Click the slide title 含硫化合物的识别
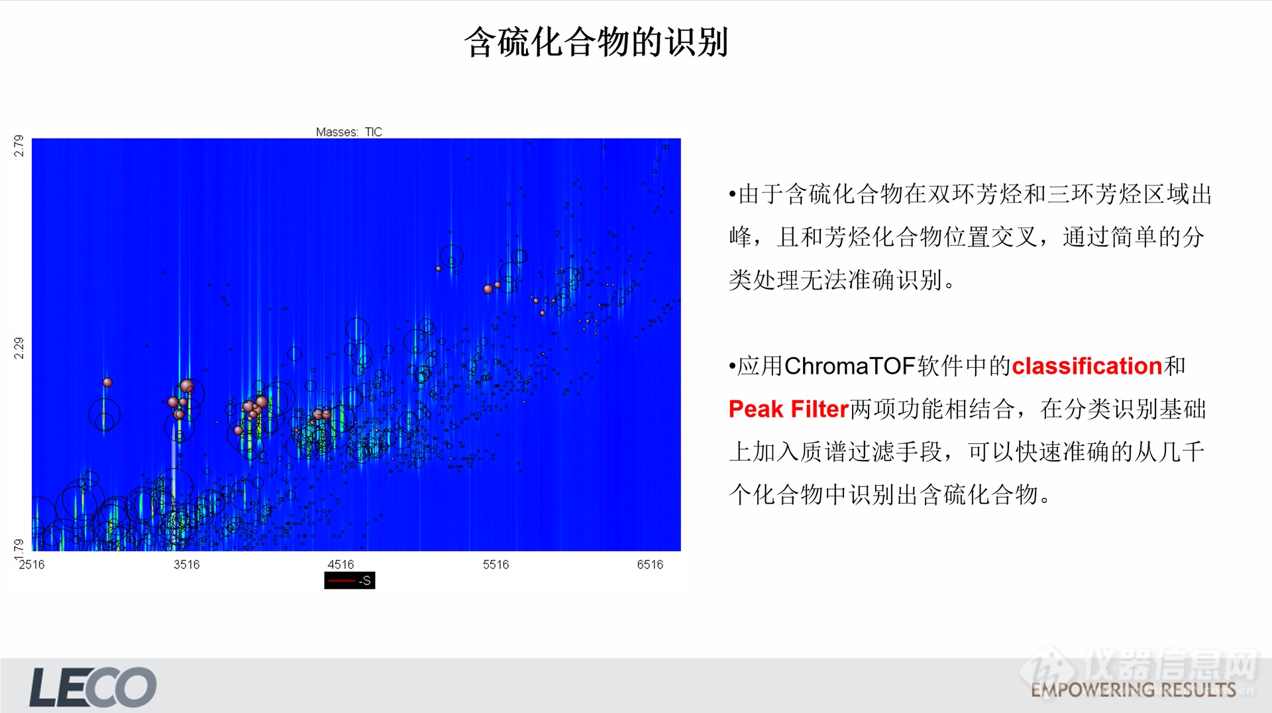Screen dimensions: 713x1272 [x=596, y=42]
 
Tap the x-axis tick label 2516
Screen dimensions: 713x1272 [x=32, y=565]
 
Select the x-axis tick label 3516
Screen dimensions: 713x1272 [x=186, y=565]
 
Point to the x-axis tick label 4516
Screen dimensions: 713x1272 [x=341, y=565]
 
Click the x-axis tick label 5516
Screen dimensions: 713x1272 [x=496, y=565]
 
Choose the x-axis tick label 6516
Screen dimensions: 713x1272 [x=650, y=565]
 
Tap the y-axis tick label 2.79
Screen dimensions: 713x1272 [x=19, y=146]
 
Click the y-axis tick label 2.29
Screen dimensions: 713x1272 [x=19, y=348]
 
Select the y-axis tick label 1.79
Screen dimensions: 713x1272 [x=19, y=546]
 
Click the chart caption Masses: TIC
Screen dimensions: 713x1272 [x=349, y=132]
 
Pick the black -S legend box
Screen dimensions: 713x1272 [x=349, y=580]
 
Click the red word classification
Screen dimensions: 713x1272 [x=1086, y=366]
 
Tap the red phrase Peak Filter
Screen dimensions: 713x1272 [x=788, y=410]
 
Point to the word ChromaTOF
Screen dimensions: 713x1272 [x=849, y=366]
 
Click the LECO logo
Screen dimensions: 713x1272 [x=93, y=687]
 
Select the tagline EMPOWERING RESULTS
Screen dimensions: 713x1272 [x=1133, y=690]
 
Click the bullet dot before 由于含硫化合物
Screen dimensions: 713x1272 [x=732, y=195]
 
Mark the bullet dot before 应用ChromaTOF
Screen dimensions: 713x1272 [x=732, y=366]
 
